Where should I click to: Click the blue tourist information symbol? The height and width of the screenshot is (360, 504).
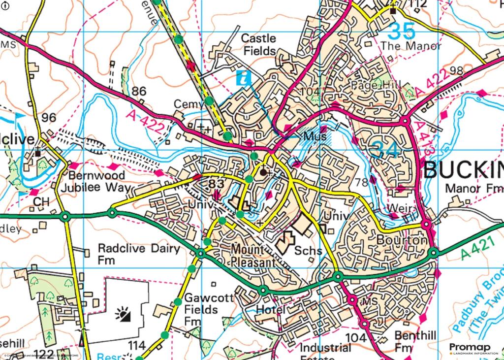click(x=244, y=77)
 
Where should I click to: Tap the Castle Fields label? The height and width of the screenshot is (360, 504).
click(x=259, y=44)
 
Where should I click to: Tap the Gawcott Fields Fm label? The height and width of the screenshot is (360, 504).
click(x=201, y=310)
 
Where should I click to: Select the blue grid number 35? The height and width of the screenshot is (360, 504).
click(x=401, y=32)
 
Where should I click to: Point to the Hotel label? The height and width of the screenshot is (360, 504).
click(x=270, y=310)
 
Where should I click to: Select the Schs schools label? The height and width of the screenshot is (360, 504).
click(x=308, y=251)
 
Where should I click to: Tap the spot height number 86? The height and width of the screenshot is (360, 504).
click(x=139, y=91)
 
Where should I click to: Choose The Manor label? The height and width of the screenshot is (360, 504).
click(x=411, y=47)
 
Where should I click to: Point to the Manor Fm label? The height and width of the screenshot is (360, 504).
click(x=473, y=189)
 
